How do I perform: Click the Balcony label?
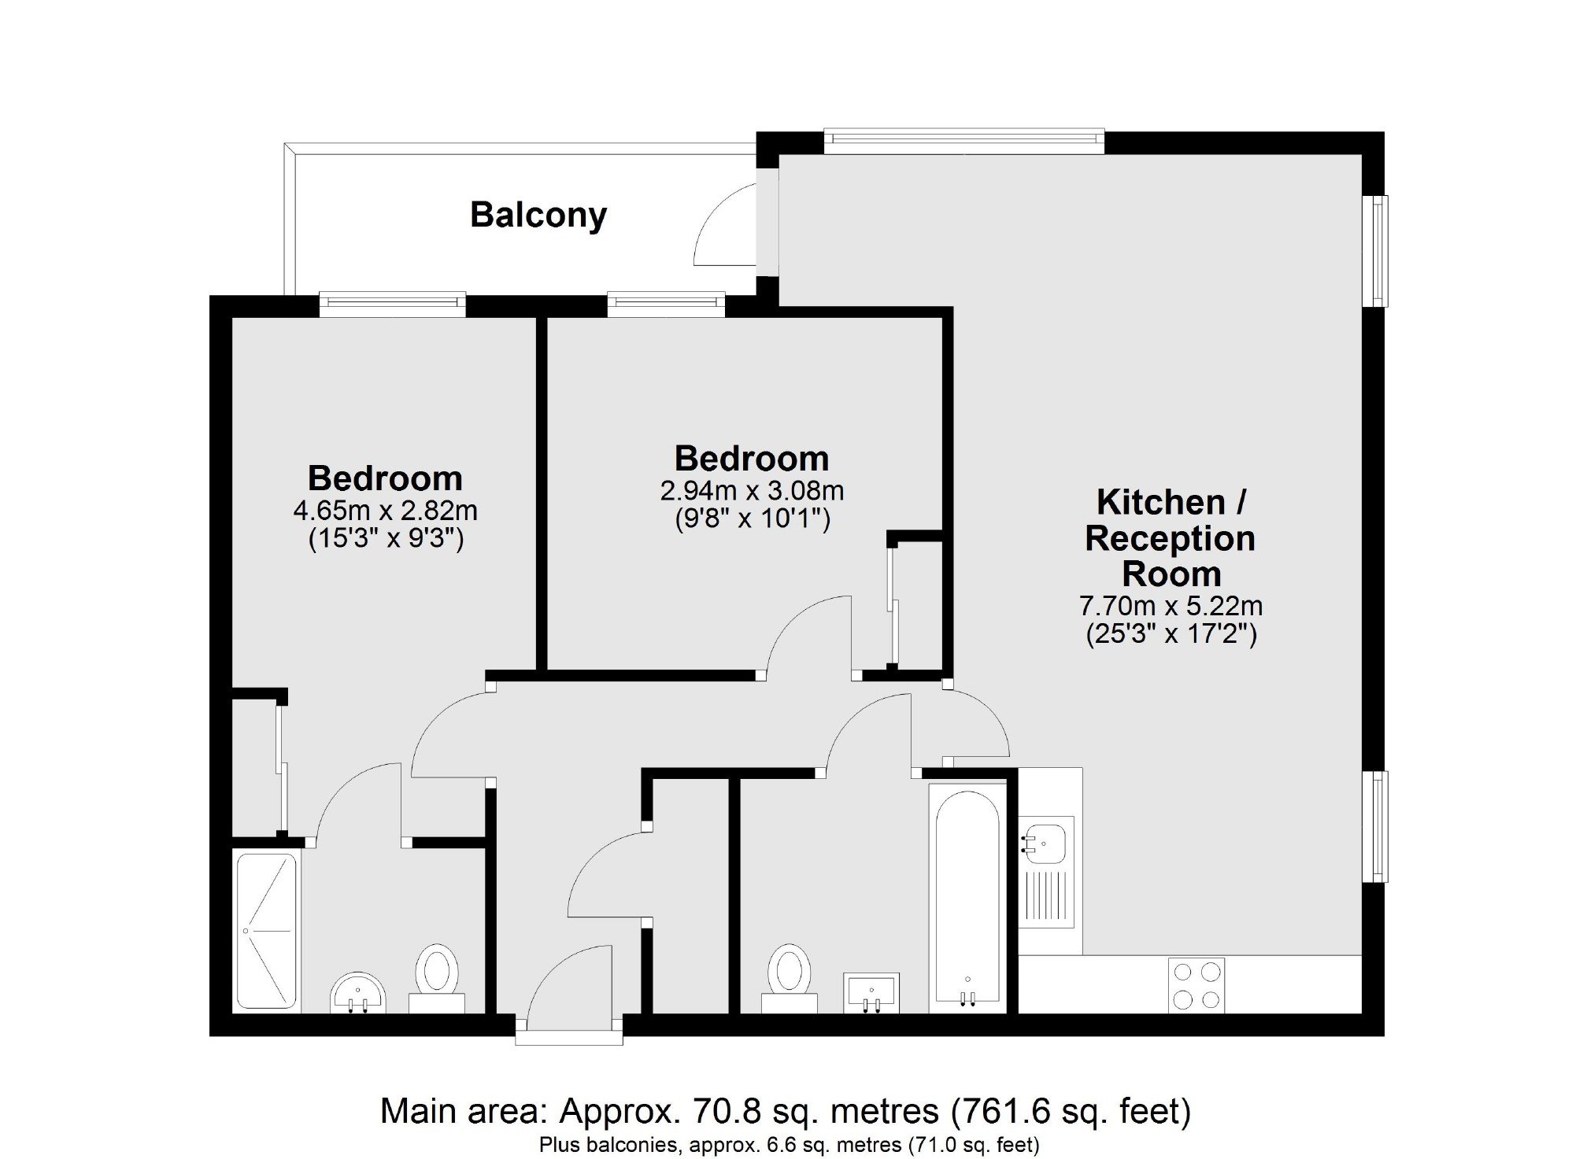click(x=538, y=216)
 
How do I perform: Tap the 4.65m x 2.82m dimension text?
click(x=385, y=511)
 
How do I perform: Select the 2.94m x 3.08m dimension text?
click(x=752, y=491)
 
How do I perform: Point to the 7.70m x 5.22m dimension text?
click(x=1171, y=606)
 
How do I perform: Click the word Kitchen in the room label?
click(x=1160, y=501)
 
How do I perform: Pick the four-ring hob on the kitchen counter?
click(x=1196, y=984)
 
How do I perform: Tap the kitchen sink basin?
click(x=1045, y=840)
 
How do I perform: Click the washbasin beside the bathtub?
click(x=871, y=993)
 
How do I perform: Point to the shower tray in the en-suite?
click(x=267, y=931)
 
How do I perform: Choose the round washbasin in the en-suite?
click(x=357, y=993)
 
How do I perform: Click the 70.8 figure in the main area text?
click(x=716, y=1112)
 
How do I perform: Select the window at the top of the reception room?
click(x=963, y=140)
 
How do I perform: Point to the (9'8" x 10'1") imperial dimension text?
click(x=753, y=519)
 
